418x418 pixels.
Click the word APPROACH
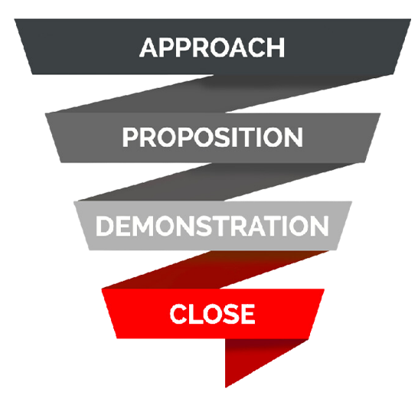[212, 47]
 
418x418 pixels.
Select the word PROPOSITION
[213, 137]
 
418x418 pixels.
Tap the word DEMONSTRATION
[212, 226]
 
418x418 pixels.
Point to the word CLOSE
[212, 314]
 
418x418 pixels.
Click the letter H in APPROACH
[276, 47]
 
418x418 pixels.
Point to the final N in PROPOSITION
[294, 137]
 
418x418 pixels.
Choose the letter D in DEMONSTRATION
[105, 226]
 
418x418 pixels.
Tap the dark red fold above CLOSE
[216, 269]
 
